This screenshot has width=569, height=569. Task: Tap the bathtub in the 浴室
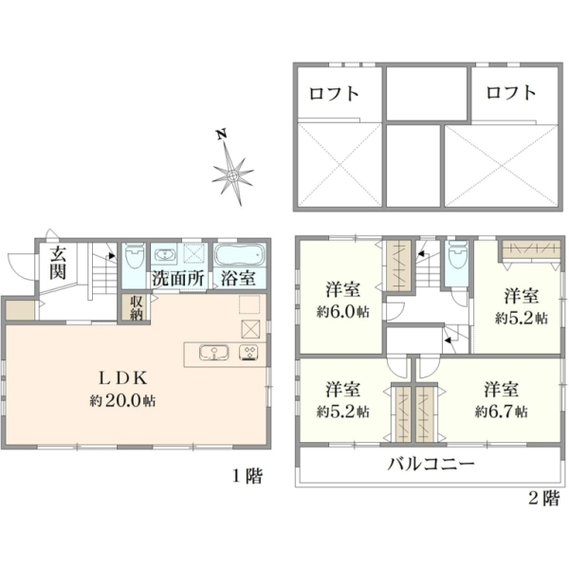(240, 255)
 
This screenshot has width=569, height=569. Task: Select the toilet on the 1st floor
(134, 256)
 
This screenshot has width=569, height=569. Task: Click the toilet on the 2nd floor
(458, 255)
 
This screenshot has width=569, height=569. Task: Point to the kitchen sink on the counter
(214, 353)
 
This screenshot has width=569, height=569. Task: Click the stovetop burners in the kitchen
(248, 353)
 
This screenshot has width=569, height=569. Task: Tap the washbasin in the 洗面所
(165, 254)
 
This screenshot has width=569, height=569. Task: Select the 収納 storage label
(137, 307)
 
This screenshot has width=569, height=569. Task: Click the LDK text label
(123, 378)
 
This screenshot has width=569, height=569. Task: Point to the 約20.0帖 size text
(123, 401)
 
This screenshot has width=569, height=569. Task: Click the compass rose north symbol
(232, 175)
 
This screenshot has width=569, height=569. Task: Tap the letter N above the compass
(221, 135)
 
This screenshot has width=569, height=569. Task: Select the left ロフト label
(334, 94)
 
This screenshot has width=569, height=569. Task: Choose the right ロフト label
(511, 93)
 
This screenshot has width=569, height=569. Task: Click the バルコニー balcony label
(431, 464)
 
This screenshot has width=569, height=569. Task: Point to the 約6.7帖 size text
(502, 412)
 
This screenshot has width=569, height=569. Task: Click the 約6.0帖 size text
(343, 312)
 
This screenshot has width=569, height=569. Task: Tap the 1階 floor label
(248, 476)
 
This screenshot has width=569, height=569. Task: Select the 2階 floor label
(544, 498)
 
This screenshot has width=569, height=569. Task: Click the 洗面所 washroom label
(178, 279)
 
